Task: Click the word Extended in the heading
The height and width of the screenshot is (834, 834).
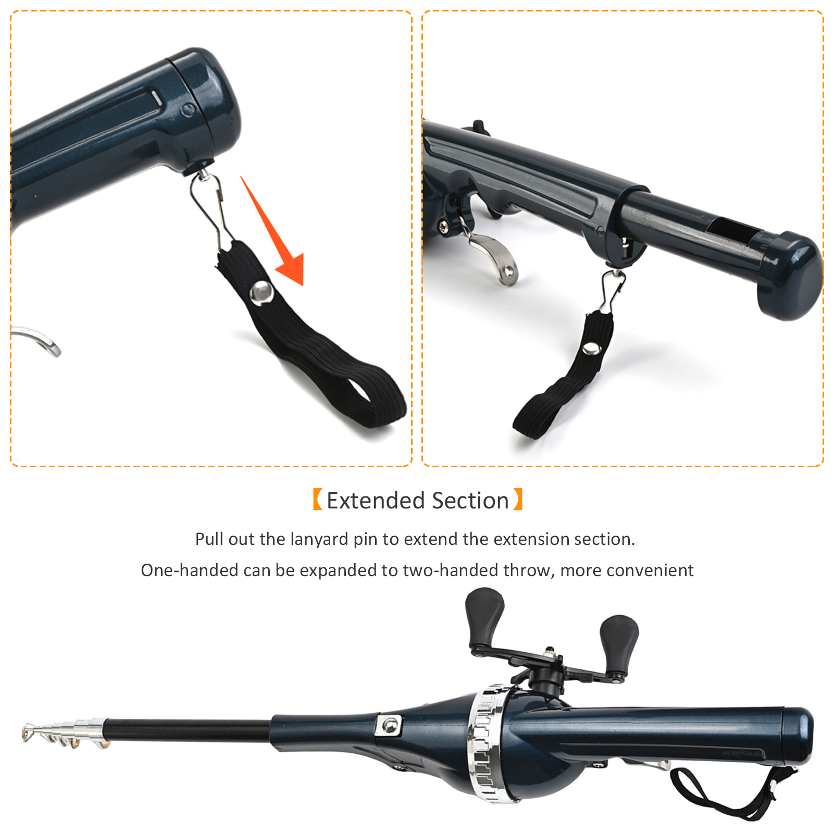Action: click(375, 501)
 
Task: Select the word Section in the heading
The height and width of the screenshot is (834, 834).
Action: click(470, 501)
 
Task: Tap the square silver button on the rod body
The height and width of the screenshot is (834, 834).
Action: click(389, 725)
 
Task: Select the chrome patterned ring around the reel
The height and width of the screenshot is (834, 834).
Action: click(486, 742)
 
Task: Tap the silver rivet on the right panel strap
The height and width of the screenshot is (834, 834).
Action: click(591, 348)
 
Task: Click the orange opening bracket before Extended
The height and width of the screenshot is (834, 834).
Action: click(317, 500)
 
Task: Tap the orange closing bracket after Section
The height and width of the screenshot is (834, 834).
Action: click(518, 500)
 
